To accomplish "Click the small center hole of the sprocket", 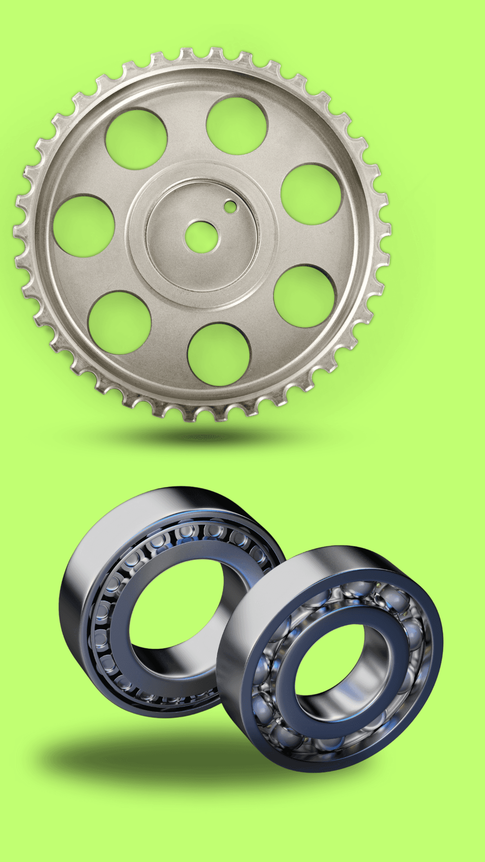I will click(202, 236).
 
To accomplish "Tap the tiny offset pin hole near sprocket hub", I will click(230, 206).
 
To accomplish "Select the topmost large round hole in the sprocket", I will click(237, 125).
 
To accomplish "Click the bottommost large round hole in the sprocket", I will click(219, 354).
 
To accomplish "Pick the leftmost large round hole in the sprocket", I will click(84, 225).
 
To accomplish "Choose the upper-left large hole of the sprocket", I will click(136, 139).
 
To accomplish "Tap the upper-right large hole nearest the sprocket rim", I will click(311, 194).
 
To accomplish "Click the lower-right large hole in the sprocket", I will click(304, 296).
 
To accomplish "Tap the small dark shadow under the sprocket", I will click(202, 436).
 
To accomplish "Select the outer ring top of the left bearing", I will click(180, 498).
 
